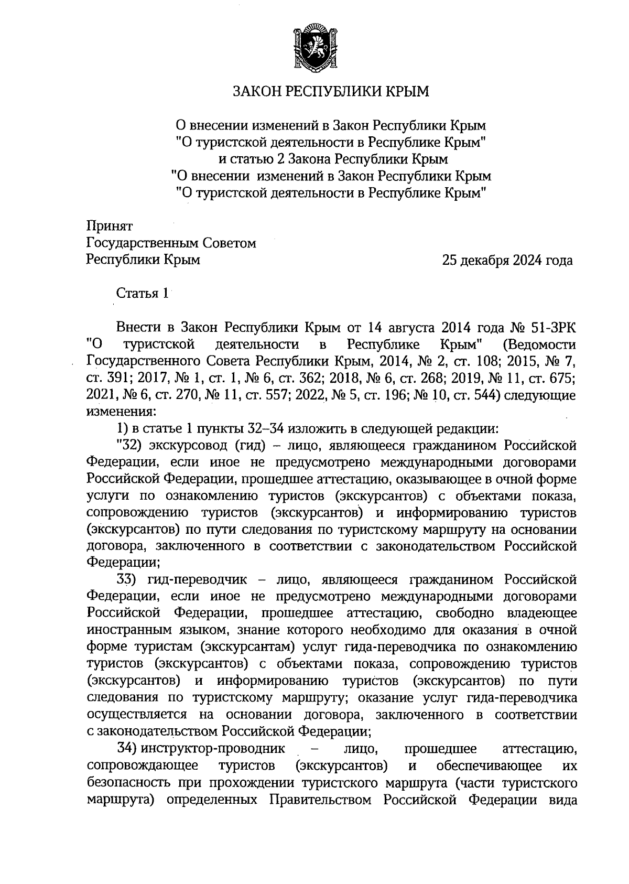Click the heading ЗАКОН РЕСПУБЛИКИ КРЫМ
tap(331, 92)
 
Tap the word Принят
tap(109, 226)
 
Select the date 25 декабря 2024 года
tap(507, 260)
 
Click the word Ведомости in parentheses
tap(539, 345)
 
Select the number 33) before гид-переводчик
tap(128, 580)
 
